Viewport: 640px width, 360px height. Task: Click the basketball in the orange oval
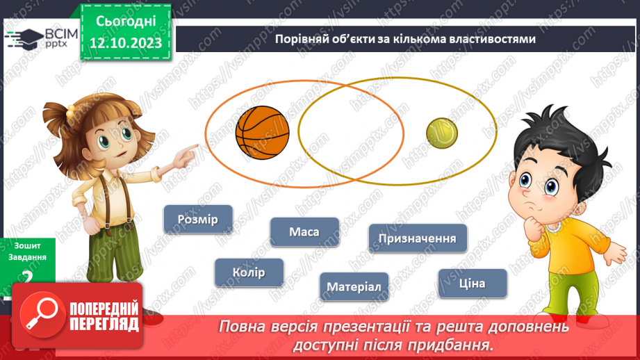pyautogui.click(x=262, y=130)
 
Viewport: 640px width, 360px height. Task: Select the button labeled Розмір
pyautogui.click(x=198, y=220)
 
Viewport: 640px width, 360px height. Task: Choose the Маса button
pyautogui.click(x=304, y=231)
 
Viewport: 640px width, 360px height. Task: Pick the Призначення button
pyautogui.click(x=418, y=239)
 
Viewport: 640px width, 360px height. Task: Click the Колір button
pyautogui.click(x=249, y=272)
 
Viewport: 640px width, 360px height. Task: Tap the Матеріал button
pyautogui.click(x=354, y=286)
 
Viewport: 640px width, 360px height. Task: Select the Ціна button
pyautogui.click(x=473, y=284)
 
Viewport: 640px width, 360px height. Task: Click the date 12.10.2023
pyautogui.click(x=126, y=42)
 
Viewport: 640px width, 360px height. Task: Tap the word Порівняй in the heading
pyautogui.click(x=298, y=40)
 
